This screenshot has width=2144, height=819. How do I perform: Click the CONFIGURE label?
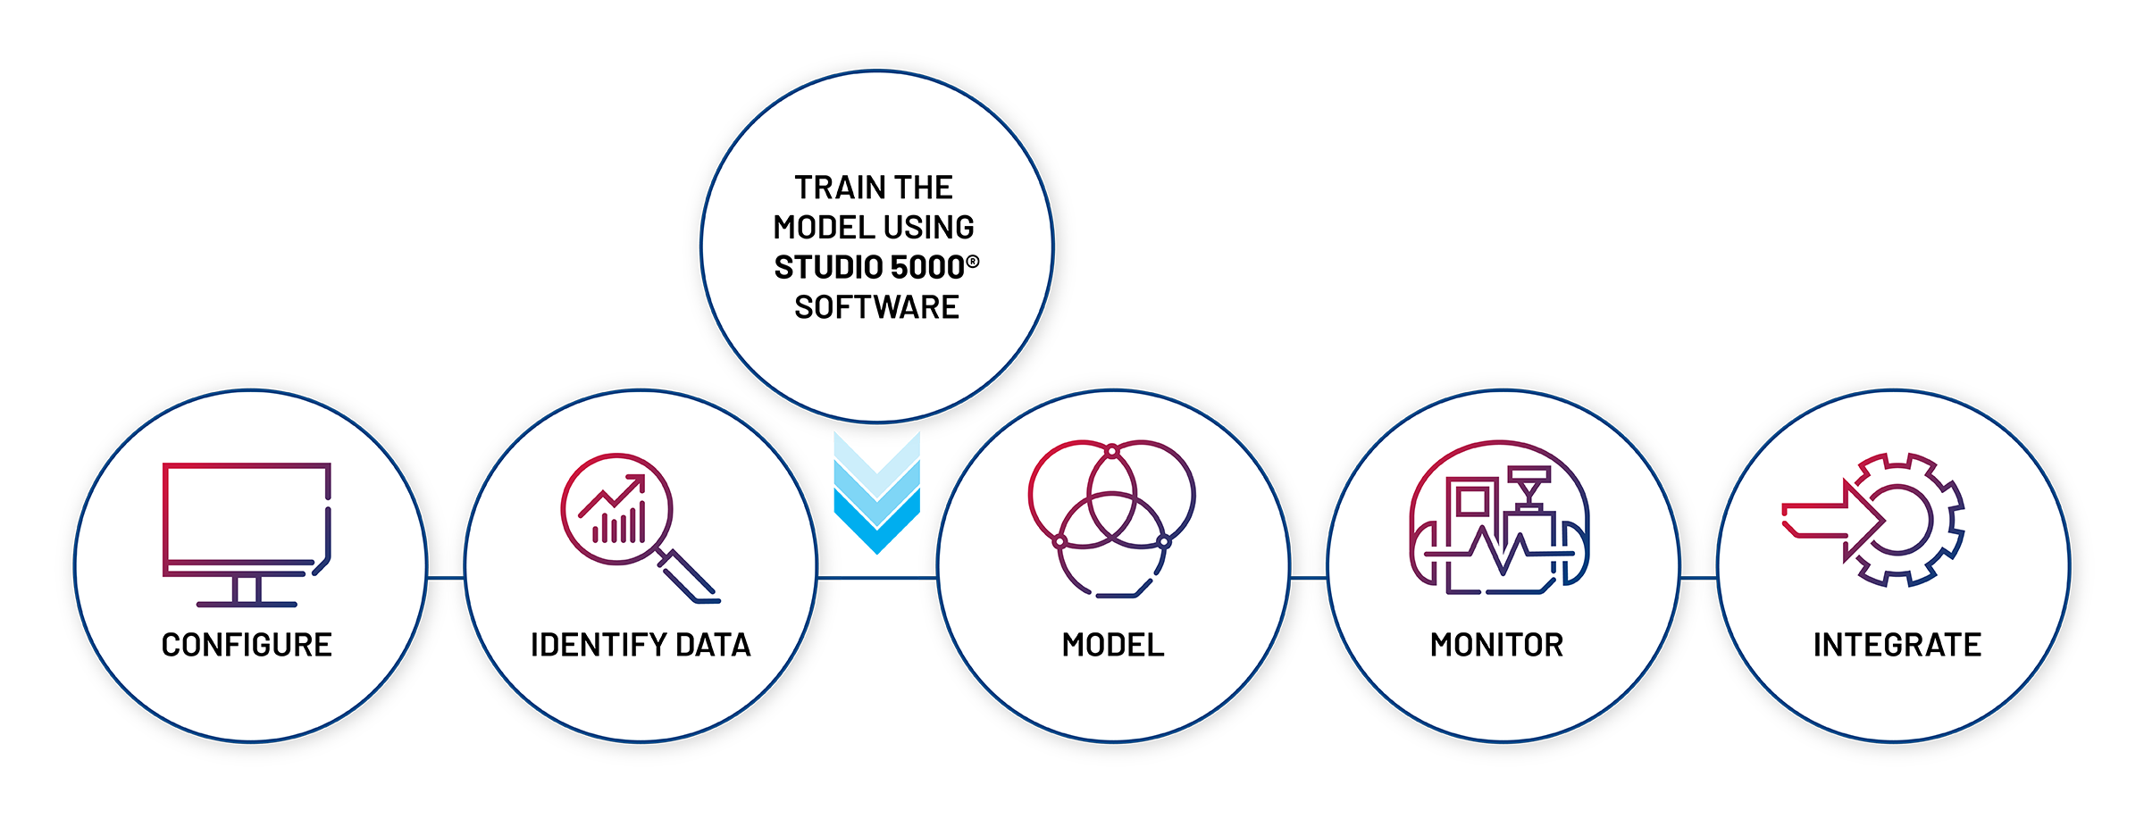(247, 645)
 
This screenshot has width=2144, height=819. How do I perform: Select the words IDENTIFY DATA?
(641, 645)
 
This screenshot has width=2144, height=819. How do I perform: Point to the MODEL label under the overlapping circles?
(1113, 645)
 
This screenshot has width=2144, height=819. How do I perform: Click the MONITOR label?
(1496, 645)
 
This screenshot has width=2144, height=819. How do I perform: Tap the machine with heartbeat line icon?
(1499, 518)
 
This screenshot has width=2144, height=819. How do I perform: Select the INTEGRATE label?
(1897, 645)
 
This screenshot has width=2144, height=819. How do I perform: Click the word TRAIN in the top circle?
(831, 188)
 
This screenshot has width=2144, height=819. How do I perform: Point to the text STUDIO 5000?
(869, 268)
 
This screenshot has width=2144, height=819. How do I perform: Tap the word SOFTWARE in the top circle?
(876, 308)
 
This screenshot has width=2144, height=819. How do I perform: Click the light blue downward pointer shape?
(877, 500)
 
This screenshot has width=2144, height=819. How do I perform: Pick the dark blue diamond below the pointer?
(880, 589)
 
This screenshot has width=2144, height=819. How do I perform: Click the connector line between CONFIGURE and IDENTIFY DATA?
(446, 578)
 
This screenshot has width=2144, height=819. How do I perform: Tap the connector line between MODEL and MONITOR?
(1309, 578)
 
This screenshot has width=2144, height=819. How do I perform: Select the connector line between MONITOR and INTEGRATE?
(1698, 578)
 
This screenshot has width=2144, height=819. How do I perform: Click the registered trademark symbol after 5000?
(973, 262)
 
